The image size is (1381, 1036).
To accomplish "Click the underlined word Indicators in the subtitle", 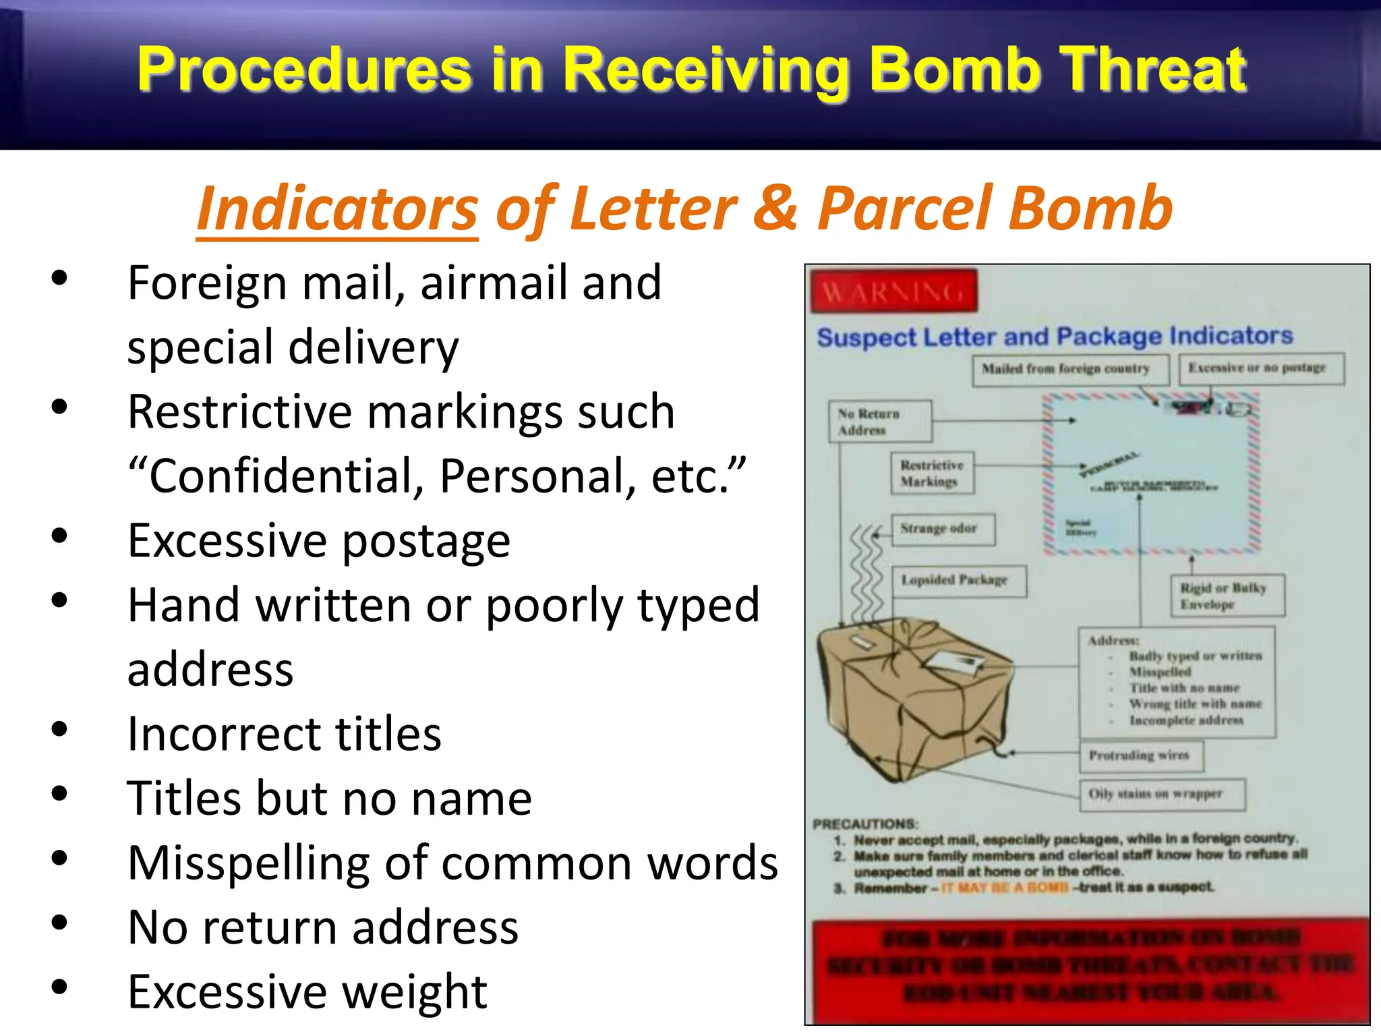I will pyautogui.click(x=337, y=209).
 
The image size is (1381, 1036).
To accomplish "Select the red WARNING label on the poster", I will pyautogui.click(x=893, y=291).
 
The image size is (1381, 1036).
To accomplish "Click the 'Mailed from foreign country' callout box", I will pyautogui.click(x=1069, y=370).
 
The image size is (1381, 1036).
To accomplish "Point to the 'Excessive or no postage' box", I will pyautogui.click(x=1261, y=368).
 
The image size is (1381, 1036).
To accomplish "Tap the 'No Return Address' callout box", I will pyautogui.click(x=879, y=422).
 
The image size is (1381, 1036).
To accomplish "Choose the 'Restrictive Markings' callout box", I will pyautogui.click(x=933, y=473).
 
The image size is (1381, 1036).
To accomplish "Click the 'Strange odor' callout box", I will pyautogui.click(x=942, y=529).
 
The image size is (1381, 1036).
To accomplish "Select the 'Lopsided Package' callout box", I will pyautogui.click(x=958, y=581).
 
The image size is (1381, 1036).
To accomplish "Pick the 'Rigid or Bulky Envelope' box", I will pyautogui.click(x=1227, y=596).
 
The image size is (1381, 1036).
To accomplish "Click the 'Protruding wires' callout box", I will pyautogui.click(x=1141, y=755).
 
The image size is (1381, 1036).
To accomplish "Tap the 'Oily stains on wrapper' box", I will pyautogui.click(x=1161, y=794).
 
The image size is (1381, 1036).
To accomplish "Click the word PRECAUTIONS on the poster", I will pyautogui.click(x=865, y=824).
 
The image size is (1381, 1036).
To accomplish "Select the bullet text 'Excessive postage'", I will pyautogui.click(x=318, y=542).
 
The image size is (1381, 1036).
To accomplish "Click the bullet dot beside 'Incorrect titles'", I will pyautogui.click(x=59, y=729).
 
